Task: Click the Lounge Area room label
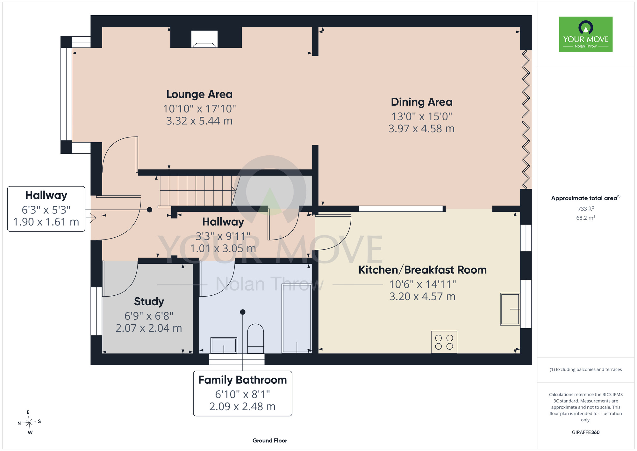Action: click(199, 94)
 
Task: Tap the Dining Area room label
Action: click(422, 102)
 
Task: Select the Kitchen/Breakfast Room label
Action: click(423, 270)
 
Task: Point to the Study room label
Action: click(149, 301)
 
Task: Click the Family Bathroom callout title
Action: click(243, 380)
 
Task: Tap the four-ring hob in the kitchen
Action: click(444, 342)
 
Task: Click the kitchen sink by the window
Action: click(510, 309)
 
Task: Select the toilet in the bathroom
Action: click(255, 338)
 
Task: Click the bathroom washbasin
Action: click(224, 345)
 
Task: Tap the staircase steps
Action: click(197, 191)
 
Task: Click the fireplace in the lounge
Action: click(204, 39)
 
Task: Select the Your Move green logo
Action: click(586, 34)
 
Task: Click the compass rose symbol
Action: click(29, 423)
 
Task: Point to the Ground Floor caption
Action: click(270, 440)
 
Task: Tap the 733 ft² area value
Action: click(586, 209)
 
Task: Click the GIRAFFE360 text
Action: click(586, 433)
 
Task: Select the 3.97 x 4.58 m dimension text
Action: click(421, 129)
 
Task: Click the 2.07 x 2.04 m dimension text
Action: click(149, 328)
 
